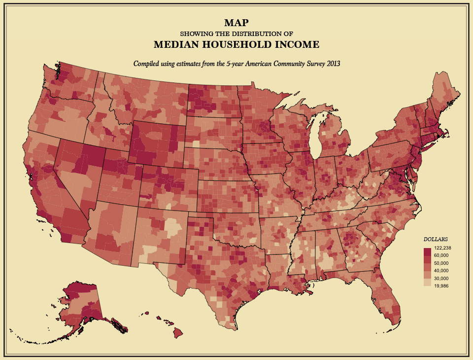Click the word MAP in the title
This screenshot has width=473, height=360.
236,23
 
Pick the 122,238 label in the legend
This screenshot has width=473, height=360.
442,248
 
